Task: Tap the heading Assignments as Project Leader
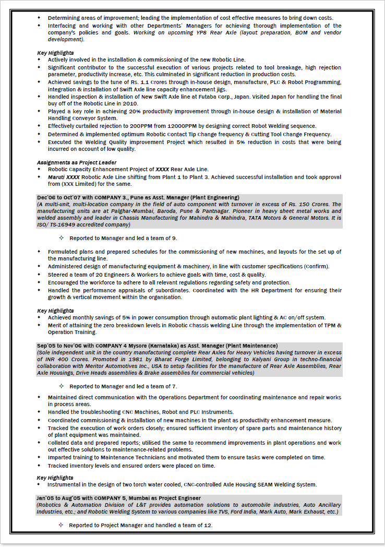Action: (x=77, y=162)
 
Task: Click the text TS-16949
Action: (x=62, y=224)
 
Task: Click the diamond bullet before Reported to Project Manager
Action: (x=61, y=525)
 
